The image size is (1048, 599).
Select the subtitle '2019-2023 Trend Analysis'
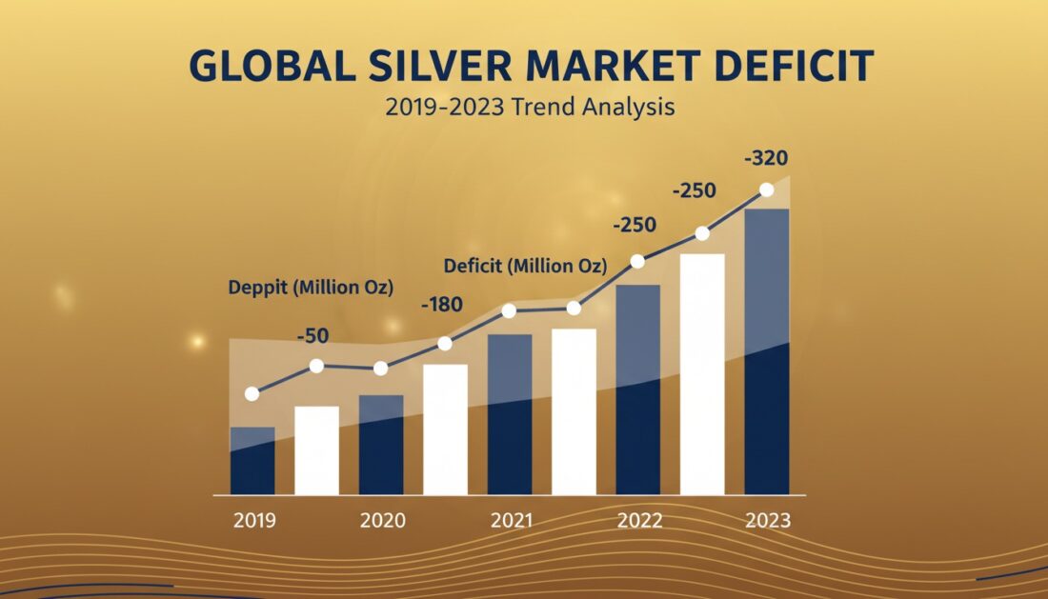(530, 107)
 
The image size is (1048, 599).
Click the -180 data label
(441, 305)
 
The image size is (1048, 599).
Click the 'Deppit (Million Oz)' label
(311, 287)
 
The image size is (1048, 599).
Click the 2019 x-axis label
(253, 521)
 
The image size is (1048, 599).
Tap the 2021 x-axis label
(512, 521)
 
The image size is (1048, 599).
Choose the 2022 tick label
(639, 521)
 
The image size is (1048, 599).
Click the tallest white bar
(703, 373)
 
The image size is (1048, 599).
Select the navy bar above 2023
(768, 352)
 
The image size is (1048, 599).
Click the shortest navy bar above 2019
(252, 462)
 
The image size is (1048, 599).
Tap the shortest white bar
(317, 450)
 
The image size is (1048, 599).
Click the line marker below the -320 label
(767, 190)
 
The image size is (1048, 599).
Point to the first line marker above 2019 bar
(252, 393)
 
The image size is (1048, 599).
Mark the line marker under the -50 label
(317, 366)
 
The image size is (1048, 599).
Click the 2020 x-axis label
(382, 521)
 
